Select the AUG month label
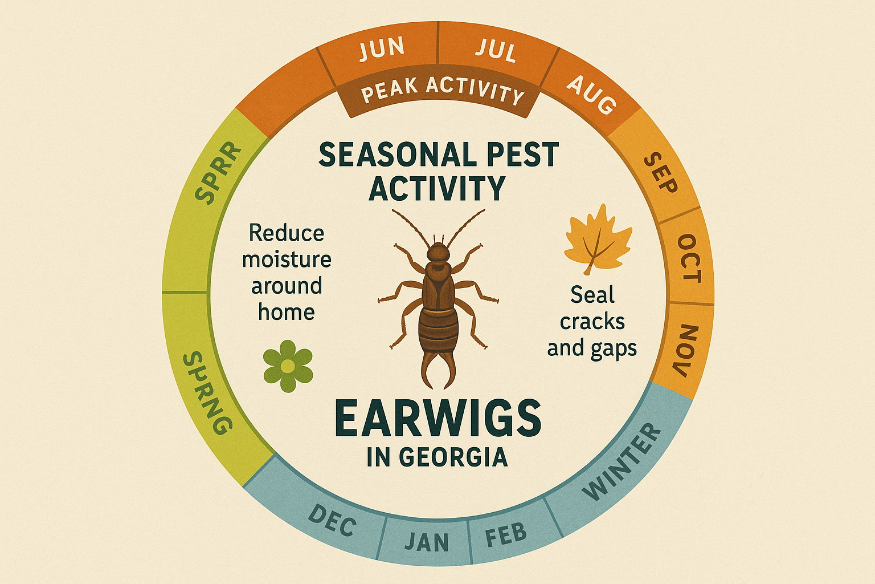(592, 94)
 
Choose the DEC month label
(332, 520)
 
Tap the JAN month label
(426, 542)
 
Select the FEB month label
(505, 535)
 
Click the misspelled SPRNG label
(208, 393)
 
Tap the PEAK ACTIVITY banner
(443, 92)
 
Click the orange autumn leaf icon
(597, 240)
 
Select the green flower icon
(288, 366)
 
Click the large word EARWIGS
(437, 418)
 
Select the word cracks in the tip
(592, 322)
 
